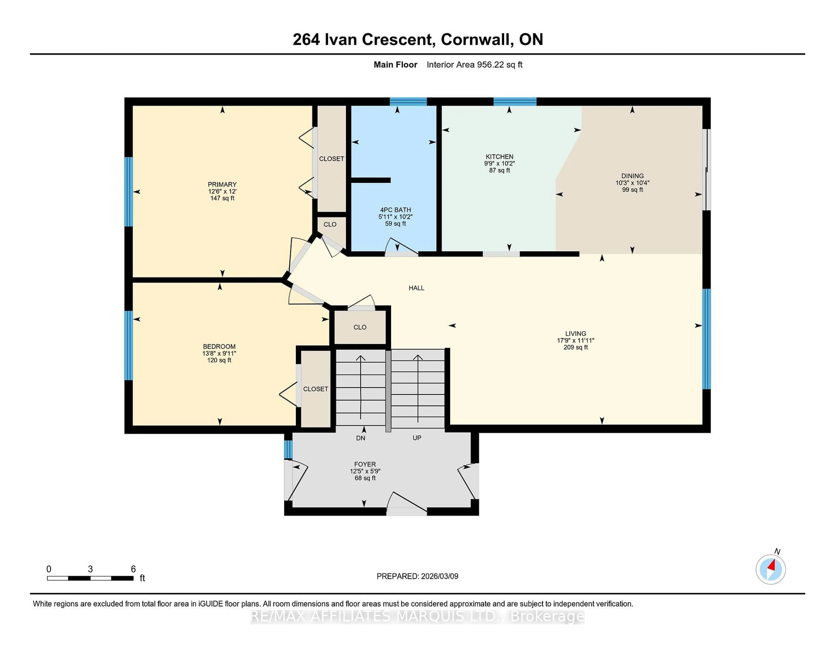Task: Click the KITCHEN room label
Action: point(499,156)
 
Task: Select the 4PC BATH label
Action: point(395,210)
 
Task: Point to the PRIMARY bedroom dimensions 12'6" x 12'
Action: point(222,191)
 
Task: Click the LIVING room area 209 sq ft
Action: point(575,347)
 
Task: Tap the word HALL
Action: point(416,288)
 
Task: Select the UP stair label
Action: point(417,438)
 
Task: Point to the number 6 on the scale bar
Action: point(133,569)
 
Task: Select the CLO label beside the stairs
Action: point(360,327)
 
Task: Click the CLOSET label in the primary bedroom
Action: point(331,159)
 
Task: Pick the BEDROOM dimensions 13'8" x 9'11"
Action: point(219,353)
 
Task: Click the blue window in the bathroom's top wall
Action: point(408,101)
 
